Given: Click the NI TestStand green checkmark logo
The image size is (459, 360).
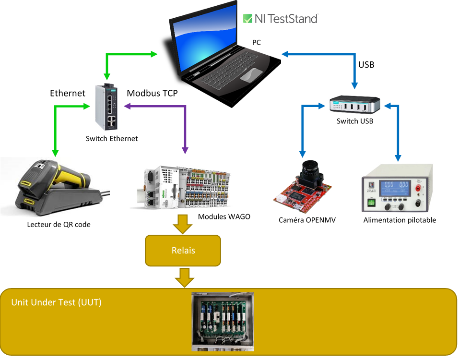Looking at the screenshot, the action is coord(247,19).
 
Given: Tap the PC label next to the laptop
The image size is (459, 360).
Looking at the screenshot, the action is coord(257,42).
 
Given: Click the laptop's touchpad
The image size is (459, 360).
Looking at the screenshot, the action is coord(251,74).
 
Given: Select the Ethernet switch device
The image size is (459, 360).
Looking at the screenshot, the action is coord(106,107).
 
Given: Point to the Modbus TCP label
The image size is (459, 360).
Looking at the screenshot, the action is coord(152,93).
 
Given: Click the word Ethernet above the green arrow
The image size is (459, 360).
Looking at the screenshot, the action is coord(68,93).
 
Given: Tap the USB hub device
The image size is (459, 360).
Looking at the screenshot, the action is coord(354,104).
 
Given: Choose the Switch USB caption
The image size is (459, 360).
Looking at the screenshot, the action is coord(355,121).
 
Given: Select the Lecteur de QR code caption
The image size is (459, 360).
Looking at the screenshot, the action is coord(59,224).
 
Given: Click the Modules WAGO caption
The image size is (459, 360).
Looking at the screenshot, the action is coord(224,216).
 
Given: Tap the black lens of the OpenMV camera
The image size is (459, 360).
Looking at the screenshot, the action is coord(311,169).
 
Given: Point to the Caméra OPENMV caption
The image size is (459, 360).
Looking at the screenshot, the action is coord(307,220).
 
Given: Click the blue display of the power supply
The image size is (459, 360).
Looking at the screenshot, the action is coord(395,188).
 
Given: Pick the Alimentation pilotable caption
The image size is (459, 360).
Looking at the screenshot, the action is coord(400,220).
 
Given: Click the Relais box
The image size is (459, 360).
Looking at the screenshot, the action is coord(183,251).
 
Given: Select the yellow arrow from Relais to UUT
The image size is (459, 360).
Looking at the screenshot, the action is coord(185,278).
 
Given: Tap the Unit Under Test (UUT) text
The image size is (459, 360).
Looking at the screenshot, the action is coord(56,302).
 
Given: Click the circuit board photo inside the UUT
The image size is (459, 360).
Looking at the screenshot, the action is coord(223,322).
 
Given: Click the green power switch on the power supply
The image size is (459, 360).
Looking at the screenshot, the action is coord(371,203).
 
